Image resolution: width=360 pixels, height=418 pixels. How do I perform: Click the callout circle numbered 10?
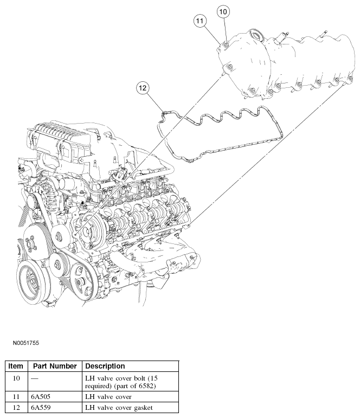point(224,11)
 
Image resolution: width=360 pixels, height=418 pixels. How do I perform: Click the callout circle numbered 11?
point(201,21)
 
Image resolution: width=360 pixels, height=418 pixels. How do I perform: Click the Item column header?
point(16,366)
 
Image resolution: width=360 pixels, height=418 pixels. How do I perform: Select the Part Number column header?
point(55,366)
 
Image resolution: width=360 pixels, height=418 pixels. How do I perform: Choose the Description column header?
point(105,366)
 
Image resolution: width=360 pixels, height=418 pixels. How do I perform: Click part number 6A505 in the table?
point(41,397)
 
